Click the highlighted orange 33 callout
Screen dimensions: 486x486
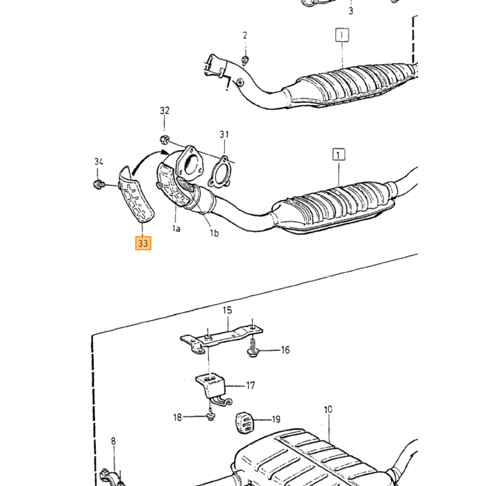pyautogui.click(x=143, y=243)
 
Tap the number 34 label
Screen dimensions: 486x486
pyautogui.click(x=99, y=162)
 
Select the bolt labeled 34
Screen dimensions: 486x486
pyautogui.click(x=99, y=185)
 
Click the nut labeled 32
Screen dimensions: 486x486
pyautogui.click(x=165, y=140)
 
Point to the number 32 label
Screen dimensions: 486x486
pyautogui.click(x=165, y=110)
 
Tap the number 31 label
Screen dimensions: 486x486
pyautogui.click(x=224, y=135)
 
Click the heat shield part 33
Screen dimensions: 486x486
pyautogui.click(x=135, y=194)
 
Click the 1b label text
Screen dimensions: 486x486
pyautogui.click(x=214, y=233)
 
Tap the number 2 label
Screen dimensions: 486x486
pyautogui.click(x=245, y=35)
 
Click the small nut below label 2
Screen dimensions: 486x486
pyautogui.click(x=245, y=60)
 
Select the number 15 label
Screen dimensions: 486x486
pyautogui.click(x=227, y=310)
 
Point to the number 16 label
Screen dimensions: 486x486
pyautogui.click(x=285, y=350)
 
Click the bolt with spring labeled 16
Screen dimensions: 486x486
pyautogui.click(x=253, y=348)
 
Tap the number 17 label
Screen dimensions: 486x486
pyautogui.click(x=251, y=385)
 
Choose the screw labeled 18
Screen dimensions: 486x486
pyautogui.click(x=211, y=415)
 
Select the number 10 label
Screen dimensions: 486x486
pyautogui.click(x=328, y=410)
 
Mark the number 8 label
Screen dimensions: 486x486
pyautogui.click(x=113, y=441)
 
